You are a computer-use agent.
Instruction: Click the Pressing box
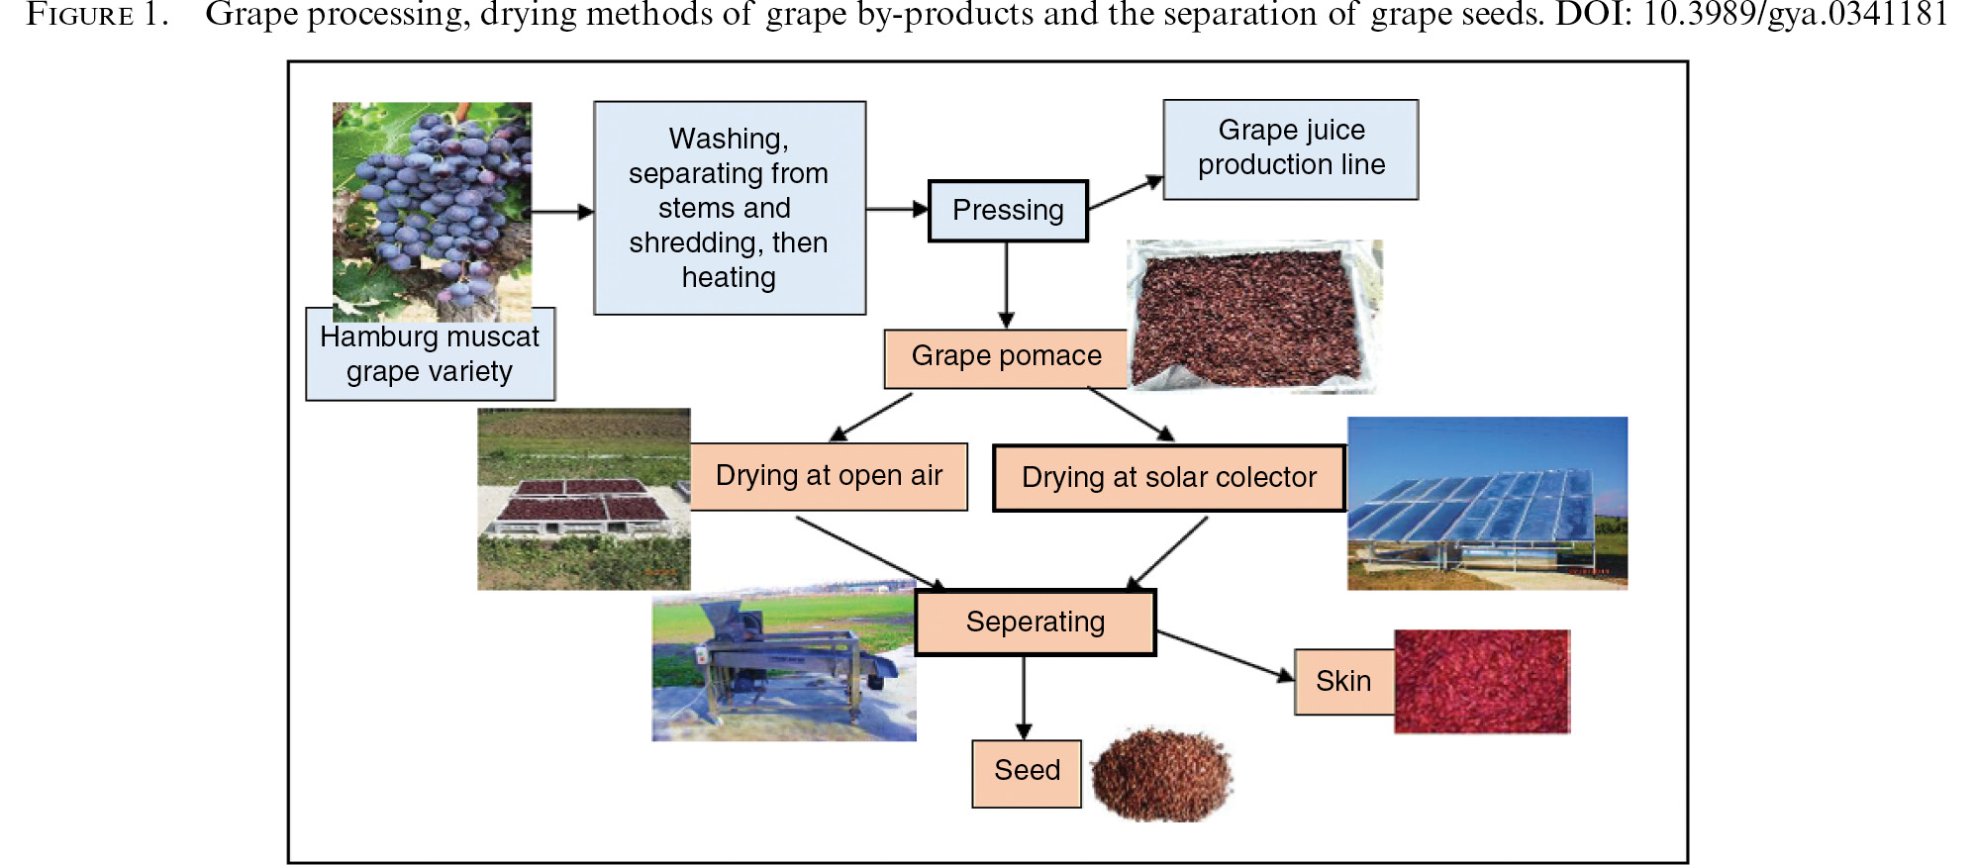tap(1008, 211)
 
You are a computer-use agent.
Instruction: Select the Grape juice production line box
tap(1291, 149)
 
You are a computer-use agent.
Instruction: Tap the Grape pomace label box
tap(1006, 358)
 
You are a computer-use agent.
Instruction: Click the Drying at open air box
tap(829, 476)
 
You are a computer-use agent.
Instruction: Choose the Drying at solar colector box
tap(1169, 478)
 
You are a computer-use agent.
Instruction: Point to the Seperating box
tap(1036, 623)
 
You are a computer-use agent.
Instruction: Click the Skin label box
tap(1344, 682)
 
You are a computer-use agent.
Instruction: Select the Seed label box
tap(1027, 773)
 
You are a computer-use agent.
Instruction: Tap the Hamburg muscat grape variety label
tap(430, 354)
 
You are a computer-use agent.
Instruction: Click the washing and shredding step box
tap(730, 208)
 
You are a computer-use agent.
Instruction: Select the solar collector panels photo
tap(1487, 503)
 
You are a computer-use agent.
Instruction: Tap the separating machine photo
tap(784, 661)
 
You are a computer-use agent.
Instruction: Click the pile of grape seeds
tap(1161, 774)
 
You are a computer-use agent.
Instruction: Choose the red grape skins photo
tap(1482, 682)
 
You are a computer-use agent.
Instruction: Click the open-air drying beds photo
tap(584, 499)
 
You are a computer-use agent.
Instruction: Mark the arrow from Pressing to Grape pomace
tap(1007, 285)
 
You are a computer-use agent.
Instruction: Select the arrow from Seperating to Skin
tap(1226, 656)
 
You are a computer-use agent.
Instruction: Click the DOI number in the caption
tap(1796, 15)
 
